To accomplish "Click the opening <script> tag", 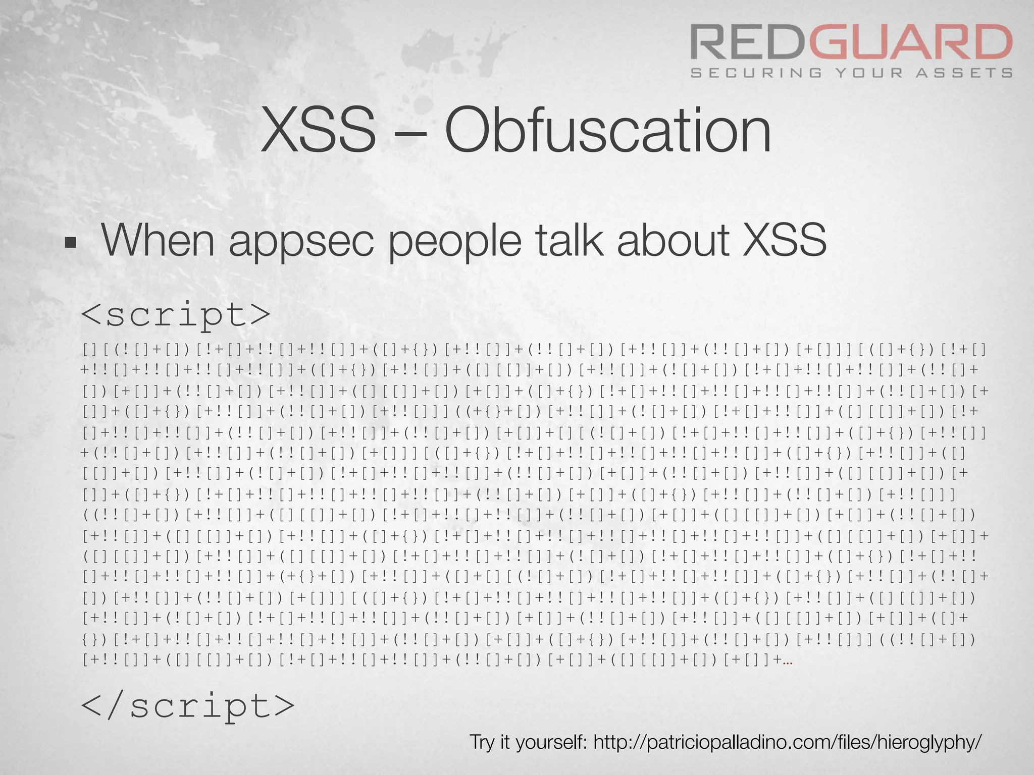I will [x=176, y=315].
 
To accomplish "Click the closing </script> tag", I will [x=187, y=706].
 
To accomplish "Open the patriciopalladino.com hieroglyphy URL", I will [x=787, y=742].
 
